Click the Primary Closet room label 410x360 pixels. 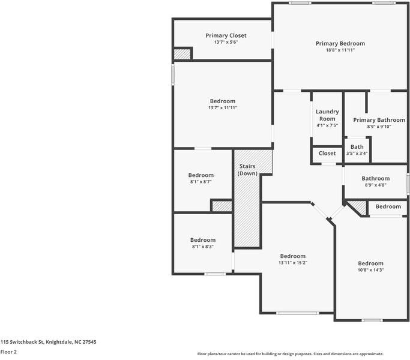point(226,35)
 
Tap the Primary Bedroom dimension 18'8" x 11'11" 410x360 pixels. point(340,50)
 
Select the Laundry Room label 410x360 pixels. point(327,115)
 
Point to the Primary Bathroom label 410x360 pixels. point(379,120)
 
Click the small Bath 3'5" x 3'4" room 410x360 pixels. point(357,149)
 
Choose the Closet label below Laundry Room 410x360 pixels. point(327,153)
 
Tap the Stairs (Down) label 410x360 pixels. point(247,169)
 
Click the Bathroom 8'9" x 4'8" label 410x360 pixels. point(375,178)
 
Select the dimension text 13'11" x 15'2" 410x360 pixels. point(292,262)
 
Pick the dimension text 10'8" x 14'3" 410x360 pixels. point(370,270)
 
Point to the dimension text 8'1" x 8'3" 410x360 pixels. point(203,246)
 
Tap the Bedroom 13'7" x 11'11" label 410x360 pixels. point(223,101)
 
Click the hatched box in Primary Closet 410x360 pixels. point(182,54)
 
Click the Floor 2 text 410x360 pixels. point(8,352)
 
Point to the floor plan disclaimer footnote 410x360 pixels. point(291,353)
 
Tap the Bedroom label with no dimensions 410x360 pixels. point(388,206)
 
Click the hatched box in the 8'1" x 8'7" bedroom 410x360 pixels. point(222,206)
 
